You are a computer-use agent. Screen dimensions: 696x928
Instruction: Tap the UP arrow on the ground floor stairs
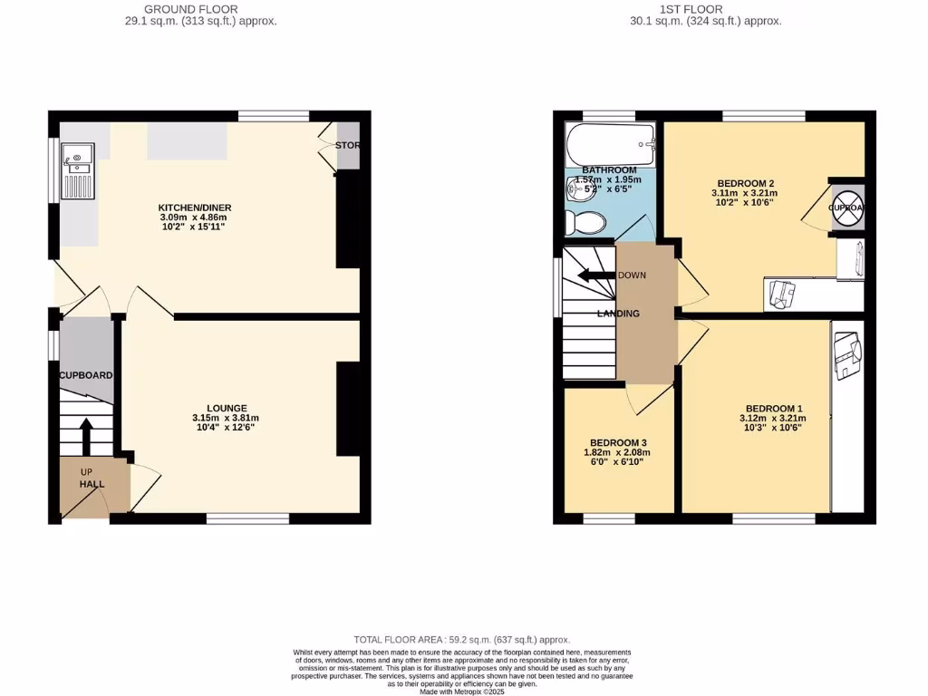pos(87,436)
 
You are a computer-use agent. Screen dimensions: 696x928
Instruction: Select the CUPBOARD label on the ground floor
pos(86,375)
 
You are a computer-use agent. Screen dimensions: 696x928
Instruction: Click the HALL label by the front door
pos(92,484)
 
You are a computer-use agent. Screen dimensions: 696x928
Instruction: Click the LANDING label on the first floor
pos(618,314)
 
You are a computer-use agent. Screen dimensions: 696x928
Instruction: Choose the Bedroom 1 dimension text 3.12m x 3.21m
pos(772,419)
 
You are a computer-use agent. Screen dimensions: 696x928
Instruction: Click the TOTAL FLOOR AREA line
pos(461,640)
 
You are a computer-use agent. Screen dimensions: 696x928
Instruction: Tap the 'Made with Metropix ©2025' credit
pos(461,691)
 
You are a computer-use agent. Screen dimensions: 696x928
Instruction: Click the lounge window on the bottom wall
pos(247,519)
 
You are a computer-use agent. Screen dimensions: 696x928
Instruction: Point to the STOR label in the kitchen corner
pos(347,146)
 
